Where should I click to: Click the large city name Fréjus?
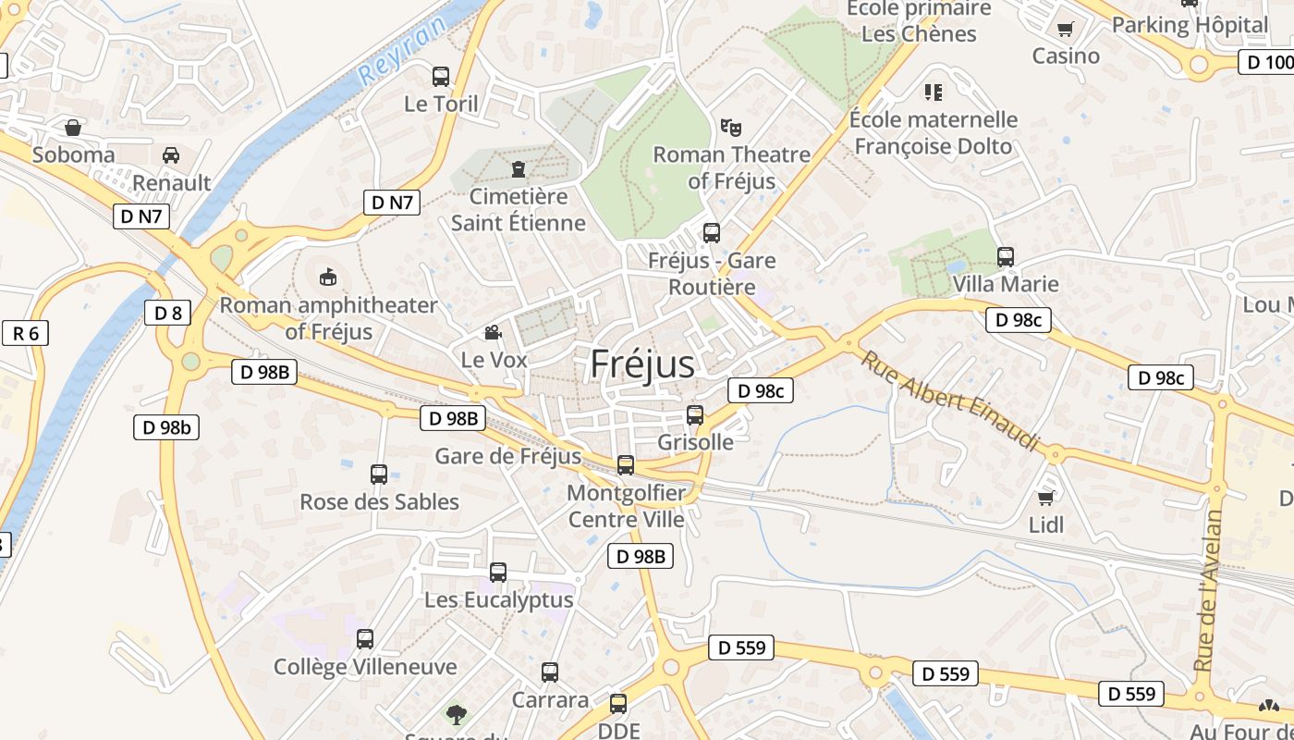642,364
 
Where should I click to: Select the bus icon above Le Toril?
441,76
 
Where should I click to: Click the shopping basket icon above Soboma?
73,128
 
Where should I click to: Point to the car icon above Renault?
171,154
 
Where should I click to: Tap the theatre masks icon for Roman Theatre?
731,126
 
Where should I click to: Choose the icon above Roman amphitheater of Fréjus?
328,277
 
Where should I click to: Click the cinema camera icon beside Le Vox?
494,332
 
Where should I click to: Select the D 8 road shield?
168,313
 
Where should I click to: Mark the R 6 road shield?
25,333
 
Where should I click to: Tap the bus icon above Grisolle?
695,415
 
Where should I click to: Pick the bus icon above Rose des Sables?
379,475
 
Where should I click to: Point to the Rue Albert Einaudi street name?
951,400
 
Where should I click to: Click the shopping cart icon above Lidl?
1046,499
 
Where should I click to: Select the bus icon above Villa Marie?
1006,256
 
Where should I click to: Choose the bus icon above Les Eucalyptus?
498,573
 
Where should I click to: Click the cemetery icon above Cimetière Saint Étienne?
518,169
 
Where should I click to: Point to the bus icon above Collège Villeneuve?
365,639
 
